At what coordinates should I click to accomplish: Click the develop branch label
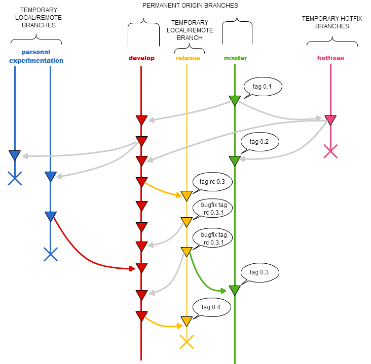point(141,58)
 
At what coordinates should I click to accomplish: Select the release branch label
point(188,58)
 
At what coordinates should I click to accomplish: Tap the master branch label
point(235,58)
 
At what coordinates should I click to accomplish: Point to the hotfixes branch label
point(330,58)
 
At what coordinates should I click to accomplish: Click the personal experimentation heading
point(36,56)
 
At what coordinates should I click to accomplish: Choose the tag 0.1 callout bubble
point(263,87)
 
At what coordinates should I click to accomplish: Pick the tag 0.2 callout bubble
point(260,142)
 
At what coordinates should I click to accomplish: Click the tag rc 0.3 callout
point(212,181)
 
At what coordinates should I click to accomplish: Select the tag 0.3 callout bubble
point(260,272)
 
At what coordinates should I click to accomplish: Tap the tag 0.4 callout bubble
point(212,307)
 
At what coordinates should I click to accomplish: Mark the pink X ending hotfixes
point(330,151)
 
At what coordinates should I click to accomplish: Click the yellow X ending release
point(187,342)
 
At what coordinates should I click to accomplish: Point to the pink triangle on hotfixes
point(330,120)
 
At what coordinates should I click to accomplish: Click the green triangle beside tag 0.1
point(235,100)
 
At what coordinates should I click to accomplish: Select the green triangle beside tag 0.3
point(235,290)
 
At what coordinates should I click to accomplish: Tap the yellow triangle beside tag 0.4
point(187,321)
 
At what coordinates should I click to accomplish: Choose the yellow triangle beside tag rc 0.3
point(187,195)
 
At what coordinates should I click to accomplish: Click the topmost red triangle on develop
point(141,120)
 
